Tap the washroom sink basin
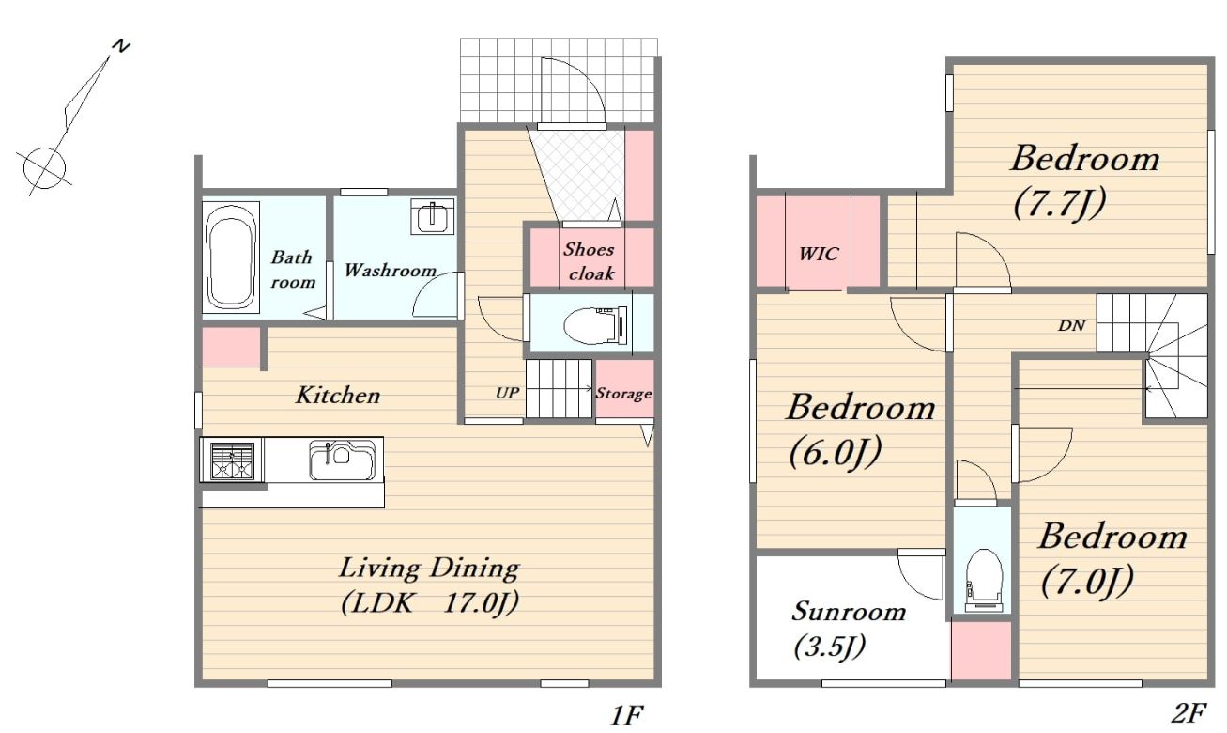pos(433,216)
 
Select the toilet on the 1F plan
pos(595,325)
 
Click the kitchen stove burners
pos(233,461)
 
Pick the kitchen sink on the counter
pos(344,460)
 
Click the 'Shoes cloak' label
pos(590,261)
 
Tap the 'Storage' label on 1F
pos(624,393)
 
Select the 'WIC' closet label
pos(819,254)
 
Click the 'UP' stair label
pos(507,393)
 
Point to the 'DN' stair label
pos(1071,326)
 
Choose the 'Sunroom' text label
pos(849,611)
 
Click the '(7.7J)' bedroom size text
pos(1059,204)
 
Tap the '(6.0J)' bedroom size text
pos(836,452)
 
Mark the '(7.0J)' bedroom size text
pos(1087,582)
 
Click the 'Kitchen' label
pos(337,395)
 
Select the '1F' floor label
pos(627,715)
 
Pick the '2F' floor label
pos(1189,713)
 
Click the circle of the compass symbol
pos(44,168)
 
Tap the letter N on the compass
pos(120,47)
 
